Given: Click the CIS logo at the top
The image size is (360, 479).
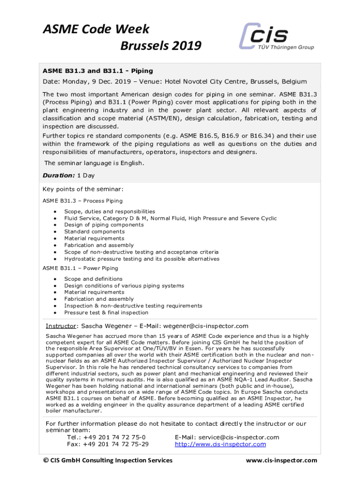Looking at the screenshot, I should pyautogui.click(x=276, y=36).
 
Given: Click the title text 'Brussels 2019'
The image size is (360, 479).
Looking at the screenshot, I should pyautogui.click(x=161, y=46).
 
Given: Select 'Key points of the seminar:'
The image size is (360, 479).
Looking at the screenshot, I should pyautogui.click(x=83, y=189).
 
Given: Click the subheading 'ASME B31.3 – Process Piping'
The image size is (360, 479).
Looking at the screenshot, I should pyautogui.click(x=83, y=201).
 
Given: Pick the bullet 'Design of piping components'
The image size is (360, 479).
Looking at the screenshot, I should pyautogui.click(x=104, y=225).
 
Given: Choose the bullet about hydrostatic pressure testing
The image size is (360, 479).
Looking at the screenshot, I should pyautogui.click(x=142, y=259).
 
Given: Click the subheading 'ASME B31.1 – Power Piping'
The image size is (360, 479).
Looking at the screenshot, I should pyautogui.click(x=80, y=269).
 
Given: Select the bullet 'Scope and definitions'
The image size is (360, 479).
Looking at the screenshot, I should pyautogui.click(x=93, y=279).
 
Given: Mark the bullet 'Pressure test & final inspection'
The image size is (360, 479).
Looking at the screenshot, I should pyautogui.click(x=106, y=312).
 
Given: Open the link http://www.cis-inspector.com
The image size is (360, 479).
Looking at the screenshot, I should pyautogui.click(x=220, y=444).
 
